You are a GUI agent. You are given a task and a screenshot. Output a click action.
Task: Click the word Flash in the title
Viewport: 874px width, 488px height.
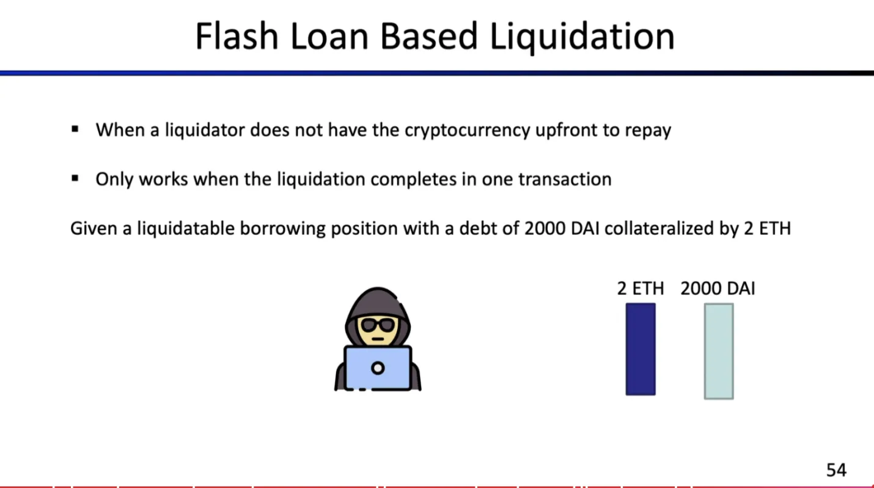tap(237, 36)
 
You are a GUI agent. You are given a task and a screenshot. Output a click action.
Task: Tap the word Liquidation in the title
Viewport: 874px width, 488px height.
tap(582, 37)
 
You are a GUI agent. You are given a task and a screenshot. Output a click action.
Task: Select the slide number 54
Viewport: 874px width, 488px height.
tap(836, 470)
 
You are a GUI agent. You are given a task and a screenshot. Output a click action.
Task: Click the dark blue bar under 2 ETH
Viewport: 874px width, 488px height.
tap(641, 349)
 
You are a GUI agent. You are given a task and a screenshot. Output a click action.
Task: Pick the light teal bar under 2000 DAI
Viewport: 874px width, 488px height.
tap(719, 351)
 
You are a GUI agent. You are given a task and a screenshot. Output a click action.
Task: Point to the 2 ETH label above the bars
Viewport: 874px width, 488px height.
tap(641, 289)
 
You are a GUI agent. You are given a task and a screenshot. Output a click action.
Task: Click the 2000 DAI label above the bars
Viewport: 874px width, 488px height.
tap(718, 289)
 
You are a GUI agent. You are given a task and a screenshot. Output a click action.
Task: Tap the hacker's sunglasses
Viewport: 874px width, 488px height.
tap(377, 325)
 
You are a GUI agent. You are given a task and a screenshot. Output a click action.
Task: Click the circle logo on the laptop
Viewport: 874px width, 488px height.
tap(378, 368)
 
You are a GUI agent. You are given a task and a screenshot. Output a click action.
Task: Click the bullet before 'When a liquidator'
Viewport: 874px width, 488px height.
tap(75, 129)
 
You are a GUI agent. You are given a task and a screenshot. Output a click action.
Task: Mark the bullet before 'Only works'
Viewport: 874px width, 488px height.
tap(75, 179)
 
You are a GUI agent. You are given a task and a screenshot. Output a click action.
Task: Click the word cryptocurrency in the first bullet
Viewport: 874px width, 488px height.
tap(468, 130)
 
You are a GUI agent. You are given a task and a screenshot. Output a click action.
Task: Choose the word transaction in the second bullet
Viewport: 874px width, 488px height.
tap(565, 179)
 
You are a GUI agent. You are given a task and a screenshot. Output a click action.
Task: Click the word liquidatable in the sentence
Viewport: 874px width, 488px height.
tap(185, 229)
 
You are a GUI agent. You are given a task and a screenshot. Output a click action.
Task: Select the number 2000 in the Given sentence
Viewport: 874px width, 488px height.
tap(545, 228)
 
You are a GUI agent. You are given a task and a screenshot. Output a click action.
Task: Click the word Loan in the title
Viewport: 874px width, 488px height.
tap(329, 36)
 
